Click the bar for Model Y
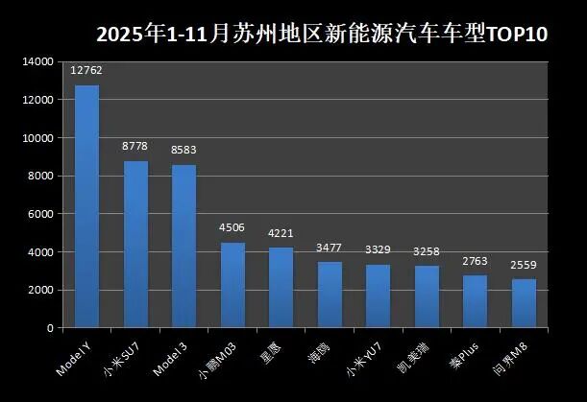[87, 206]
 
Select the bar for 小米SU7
[135, 245]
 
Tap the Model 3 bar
[184, 247]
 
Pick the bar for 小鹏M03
[232, 285]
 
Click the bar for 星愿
[281, 288]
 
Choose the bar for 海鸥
[330, 295]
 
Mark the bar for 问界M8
[524, 303]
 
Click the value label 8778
[135, 146]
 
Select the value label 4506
[232, 227]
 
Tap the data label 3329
[378, 249]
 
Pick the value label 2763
[475, 260]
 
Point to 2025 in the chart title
[116, 35]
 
